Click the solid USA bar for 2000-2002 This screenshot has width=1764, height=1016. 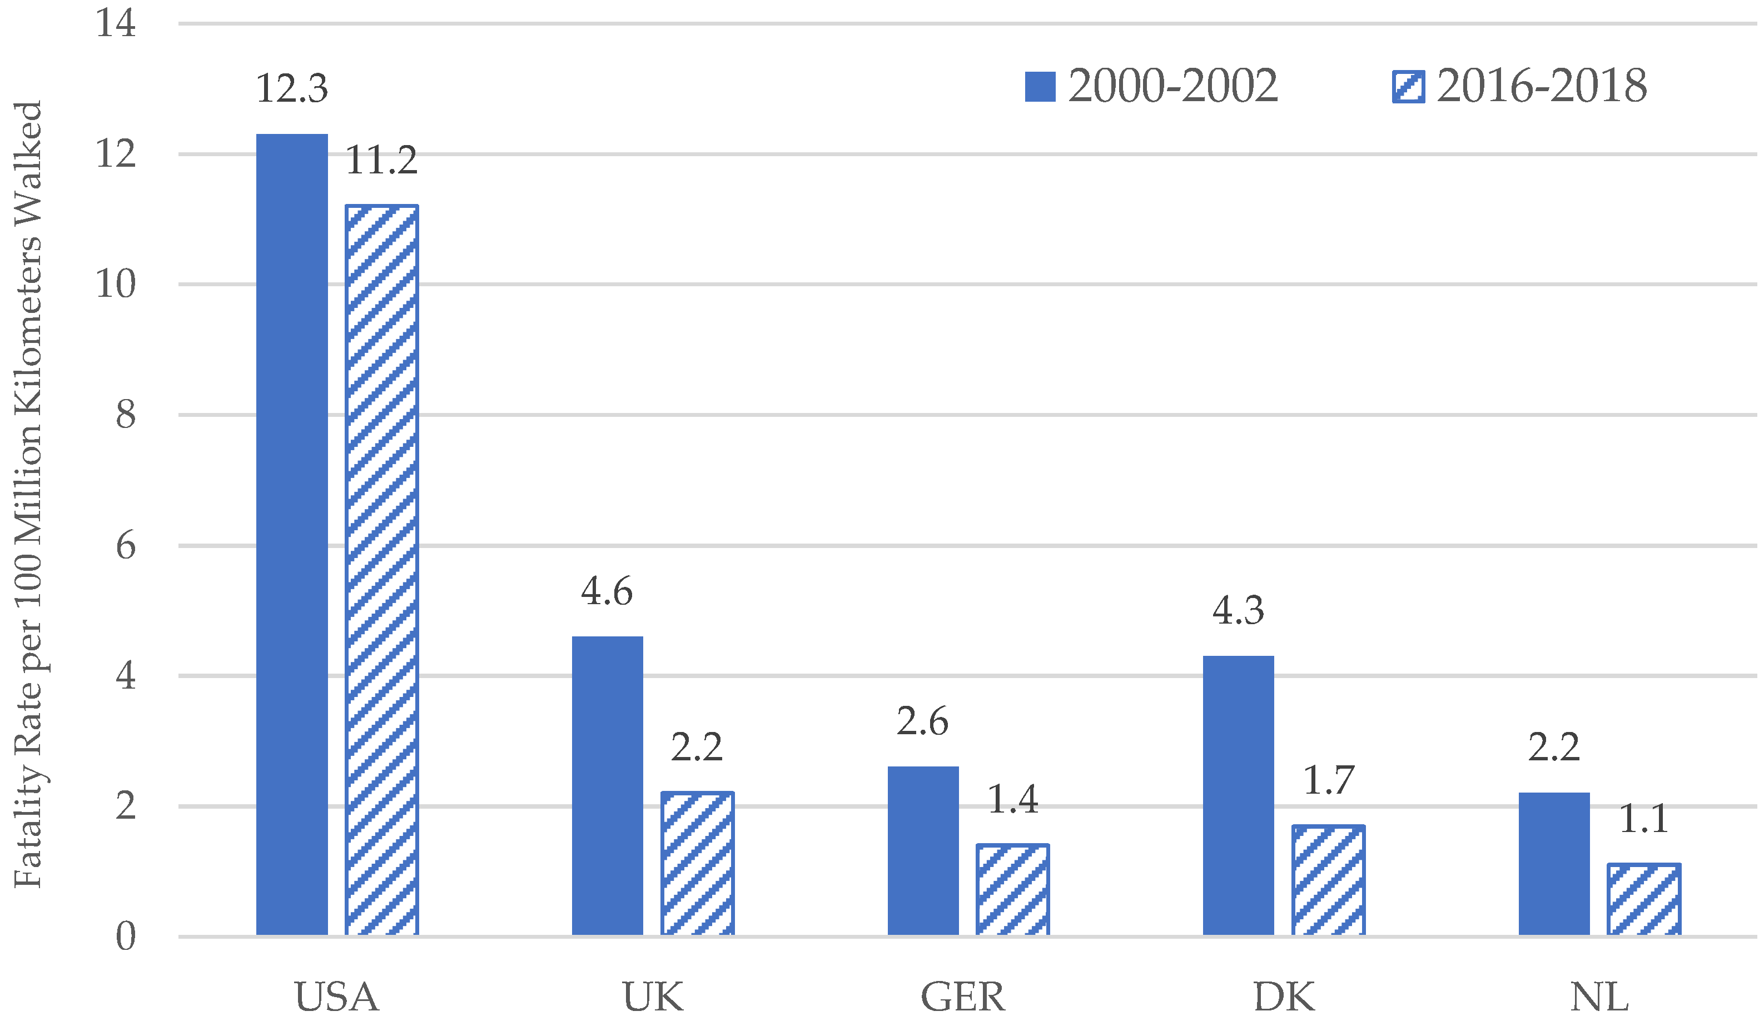pyautogui.click(x=292, y=534)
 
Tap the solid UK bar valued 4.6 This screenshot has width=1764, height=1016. pyautogui.click(x=607, y=785)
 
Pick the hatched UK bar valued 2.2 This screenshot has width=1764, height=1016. pyautogui.click(x=697, y=863)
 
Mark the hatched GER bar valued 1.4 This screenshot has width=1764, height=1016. pyautogui.click(x=1012, y=889)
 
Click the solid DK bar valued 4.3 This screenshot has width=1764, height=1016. pyautogui.click(x=1238, y=795)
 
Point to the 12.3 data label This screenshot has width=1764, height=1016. pyautogui.click(x=292, y=88)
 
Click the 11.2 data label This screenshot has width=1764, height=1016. pyautogui.click(x=382, y=161)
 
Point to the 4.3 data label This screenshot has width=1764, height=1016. pyautogui.click(x=1238, y=611)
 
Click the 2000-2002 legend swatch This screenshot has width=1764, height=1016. pyautogui.click(x=1040, y=87)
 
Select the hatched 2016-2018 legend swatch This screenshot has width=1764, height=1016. pyautogui.click(x=1408, y=87)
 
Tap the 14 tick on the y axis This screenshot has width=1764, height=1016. pyautogui.click(x=115, y=23)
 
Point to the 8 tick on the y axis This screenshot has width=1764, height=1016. pyautogui.click(x=126, y=415)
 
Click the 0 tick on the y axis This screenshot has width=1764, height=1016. pyautogui.click(x=126, y=937)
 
